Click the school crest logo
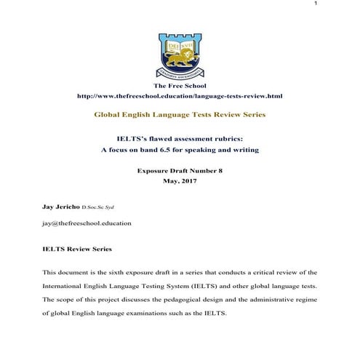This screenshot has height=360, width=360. point(179,55)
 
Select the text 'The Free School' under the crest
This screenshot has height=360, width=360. point(179,87)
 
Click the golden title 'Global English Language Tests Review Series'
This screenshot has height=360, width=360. point(180,115)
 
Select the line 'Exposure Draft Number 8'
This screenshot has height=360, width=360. point(179,171)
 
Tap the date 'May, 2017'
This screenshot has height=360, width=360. point(179,181)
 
